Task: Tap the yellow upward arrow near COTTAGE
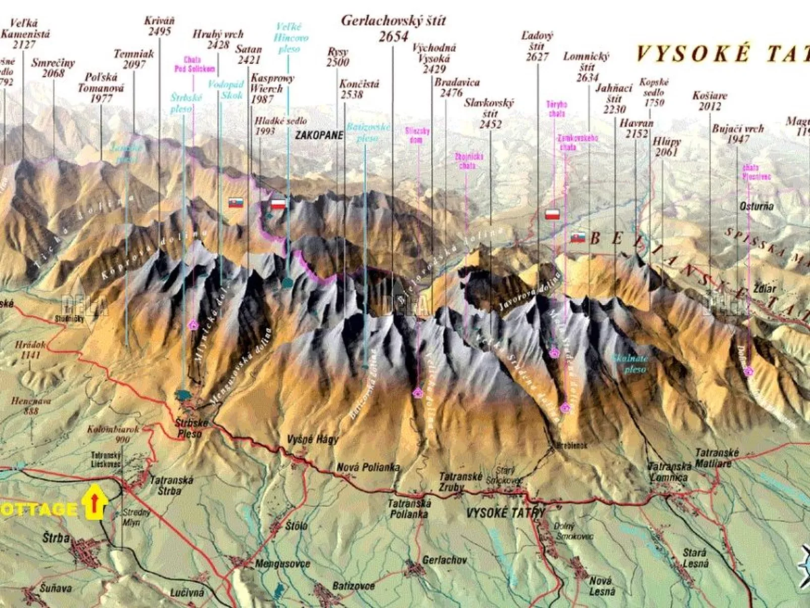pyautogui.click(x=94, y=502)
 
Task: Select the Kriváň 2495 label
pyautogui.click(x=159, y=26)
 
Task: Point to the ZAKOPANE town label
pyautogui.click(x=319, y=135)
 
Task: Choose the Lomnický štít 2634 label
pyautogui.click(x=587, y=67)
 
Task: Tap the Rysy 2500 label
pyautogui.click(x=337, y=57)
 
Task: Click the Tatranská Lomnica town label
pyautogui.click(x=669, y=472)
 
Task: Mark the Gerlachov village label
pyautogui.click(x=444, y=560)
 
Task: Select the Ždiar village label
pyautogui.click(x=764, y=289)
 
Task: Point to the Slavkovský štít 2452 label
pyautogui.click(x=489, y=113)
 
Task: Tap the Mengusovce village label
pyautogui.click(x=282, y=564)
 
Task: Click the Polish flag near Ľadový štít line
pyautogui.click(x=552, y=214)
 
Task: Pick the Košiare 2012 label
pyautogui.click(x=710, y=100)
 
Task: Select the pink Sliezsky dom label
pyautogui.click(x=417, y=135)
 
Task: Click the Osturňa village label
pyautogui.click(x=756, y=206)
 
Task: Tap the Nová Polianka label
pyautogui.click(x=368, y=468)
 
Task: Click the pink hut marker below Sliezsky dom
pyautogui.click(x=418, y=393)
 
